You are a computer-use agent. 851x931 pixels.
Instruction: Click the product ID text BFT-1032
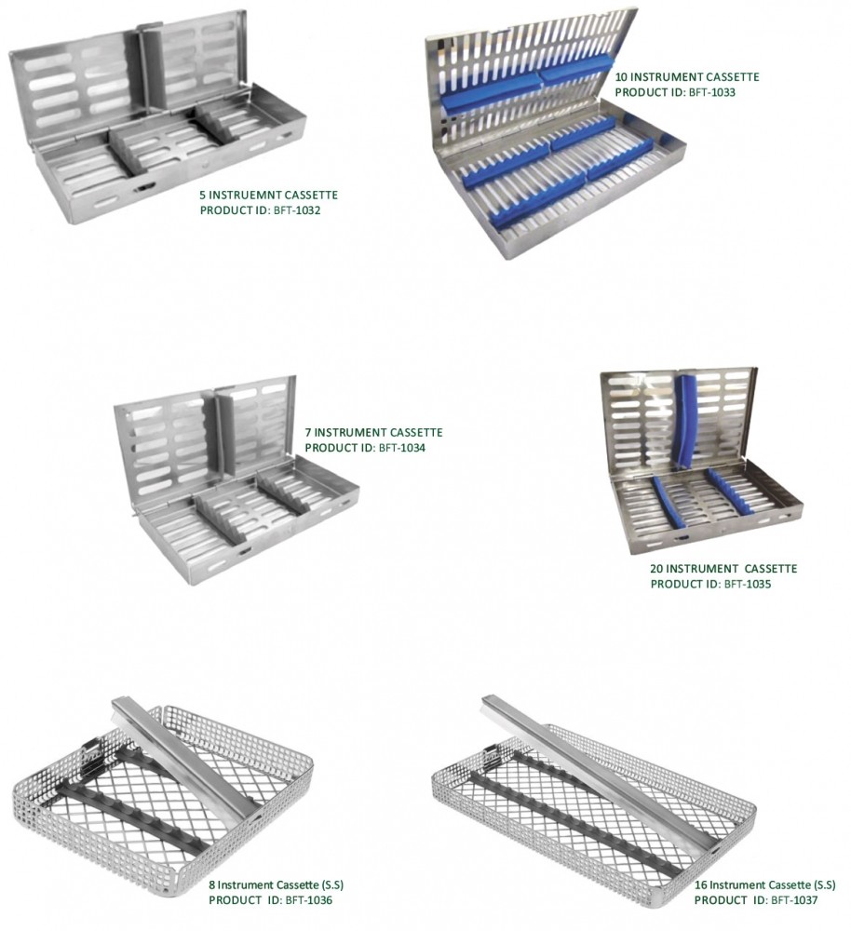[297, 210]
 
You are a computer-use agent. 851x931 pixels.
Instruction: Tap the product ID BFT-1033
[711, 92]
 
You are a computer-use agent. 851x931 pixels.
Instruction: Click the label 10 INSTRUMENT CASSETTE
[687, 76]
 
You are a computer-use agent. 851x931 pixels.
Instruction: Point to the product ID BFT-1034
[402, 448]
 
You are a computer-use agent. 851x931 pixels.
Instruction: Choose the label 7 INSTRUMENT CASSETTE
[373, 432]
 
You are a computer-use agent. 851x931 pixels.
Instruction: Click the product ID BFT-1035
[748, 584]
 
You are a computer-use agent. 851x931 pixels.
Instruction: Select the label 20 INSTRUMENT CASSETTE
[723, 568]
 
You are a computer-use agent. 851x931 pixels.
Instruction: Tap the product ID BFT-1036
[309, 900]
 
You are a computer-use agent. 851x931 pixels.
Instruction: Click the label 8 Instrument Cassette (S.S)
[277, 884]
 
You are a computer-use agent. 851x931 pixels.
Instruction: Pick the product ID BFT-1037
[794, 900]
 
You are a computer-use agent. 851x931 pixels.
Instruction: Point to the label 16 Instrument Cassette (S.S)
[765, 884]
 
